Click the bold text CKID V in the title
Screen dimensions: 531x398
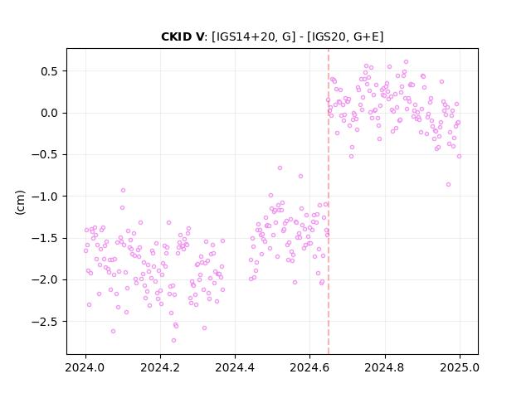coord(183,36)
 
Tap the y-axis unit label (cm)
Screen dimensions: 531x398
coord(20,202)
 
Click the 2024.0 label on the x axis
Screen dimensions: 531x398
coord(85,367)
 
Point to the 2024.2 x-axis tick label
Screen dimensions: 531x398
coord(160,367)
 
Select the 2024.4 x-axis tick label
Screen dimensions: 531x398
coord(235,367)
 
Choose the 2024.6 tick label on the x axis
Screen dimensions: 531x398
coord(309,367)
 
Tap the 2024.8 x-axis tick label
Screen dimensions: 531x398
coord(385,367)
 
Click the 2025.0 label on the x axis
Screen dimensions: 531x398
coord(460,367)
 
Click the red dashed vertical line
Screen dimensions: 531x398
coord(329,201)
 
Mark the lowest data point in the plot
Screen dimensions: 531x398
coord(173,341)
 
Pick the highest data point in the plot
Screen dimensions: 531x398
coord(406,62)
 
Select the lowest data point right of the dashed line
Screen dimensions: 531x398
coord(448,184)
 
